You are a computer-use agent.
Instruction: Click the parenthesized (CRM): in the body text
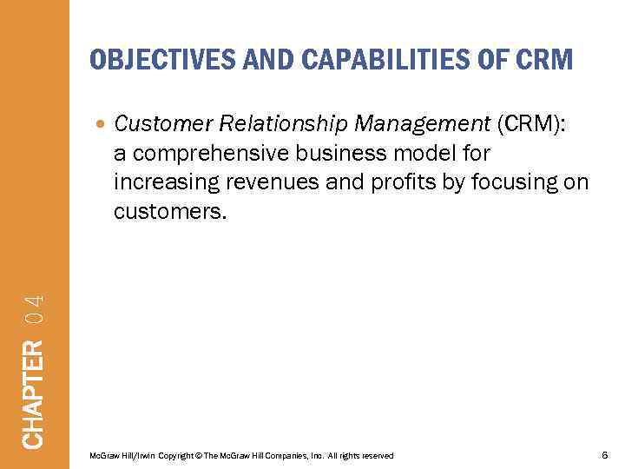(x=530, y=124)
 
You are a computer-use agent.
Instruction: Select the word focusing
(x=510, y=183)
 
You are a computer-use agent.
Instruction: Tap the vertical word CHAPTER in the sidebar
(x=33, y=393)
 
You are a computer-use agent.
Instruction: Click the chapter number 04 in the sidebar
(x=33, y=310)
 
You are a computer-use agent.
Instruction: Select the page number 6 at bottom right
(x=604, y=455)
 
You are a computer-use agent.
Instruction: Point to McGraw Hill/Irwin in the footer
(x=115, y=456)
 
